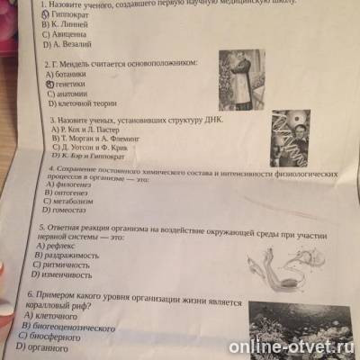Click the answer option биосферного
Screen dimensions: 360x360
58,336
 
